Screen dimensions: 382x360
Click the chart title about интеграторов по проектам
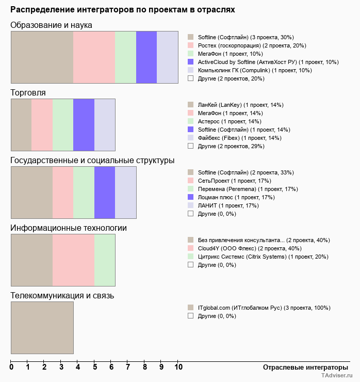tap(123, 10)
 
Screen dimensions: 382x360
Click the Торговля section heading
tap(28, 93)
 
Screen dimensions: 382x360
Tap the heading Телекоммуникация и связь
tap(62, 296)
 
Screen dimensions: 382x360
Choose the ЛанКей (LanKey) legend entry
tap(240, 105)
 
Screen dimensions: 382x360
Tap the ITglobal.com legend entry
tap(264, 308)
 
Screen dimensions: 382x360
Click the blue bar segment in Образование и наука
tap(146, 57)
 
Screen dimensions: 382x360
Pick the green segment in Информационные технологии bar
tap(105, 260)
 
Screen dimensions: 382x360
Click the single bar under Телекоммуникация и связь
tap(42, 327)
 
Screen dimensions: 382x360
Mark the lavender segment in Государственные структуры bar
tap(125, 192)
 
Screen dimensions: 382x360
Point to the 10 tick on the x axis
tap(178, 367)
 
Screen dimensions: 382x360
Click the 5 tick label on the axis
tap(95, 367)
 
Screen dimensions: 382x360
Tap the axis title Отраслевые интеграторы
tap(302, 367)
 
